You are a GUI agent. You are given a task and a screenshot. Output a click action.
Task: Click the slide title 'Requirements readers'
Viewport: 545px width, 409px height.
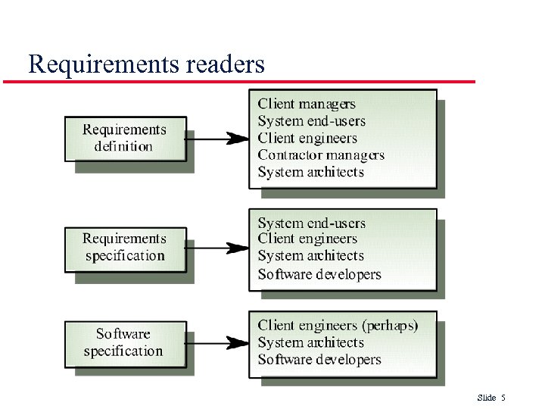[146, 64]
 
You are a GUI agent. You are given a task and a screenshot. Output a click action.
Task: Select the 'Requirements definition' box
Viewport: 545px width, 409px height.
[125, 138]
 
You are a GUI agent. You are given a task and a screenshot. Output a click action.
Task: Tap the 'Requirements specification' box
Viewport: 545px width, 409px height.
[125, 248]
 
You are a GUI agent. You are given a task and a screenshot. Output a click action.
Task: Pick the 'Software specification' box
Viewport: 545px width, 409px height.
[124, 342]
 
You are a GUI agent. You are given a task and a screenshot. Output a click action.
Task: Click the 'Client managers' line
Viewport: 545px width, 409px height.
[307, 104]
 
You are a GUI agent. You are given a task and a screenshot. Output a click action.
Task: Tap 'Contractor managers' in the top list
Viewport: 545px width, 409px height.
[321, 155]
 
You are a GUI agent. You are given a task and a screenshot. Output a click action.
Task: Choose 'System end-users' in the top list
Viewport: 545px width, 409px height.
[311, 121]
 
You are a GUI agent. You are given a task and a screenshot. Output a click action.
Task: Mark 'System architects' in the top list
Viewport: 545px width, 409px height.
[310, 172]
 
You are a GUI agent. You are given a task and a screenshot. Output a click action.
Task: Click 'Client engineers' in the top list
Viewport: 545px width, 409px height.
[307, 138]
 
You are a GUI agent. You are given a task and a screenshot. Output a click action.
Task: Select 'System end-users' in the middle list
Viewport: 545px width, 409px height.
[311, 223]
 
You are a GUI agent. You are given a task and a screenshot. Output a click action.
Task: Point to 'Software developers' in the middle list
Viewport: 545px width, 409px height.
[319, 274]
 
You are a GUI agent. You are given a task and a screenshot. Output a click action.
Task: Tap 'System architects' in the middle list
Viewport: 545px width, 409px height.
[310, 256]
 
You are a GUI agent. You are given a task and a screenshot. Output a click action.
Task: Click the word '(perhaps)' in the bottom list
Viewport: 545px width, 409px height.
[390, 326]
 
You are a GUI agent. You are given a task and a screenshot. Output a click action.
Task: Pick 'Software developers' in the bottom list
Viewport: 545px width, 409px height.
[319, 360]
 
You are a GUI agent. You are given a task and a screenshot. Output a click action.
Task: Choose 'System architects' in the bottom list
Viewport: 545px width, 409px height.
[310, 342]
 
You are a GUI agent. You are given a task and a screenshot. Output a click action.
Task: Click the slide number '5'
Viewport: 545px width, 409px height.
[503, 398]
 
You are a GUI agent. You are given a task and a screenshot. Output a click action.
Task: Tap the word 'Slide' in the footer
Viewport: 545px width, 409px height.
[487, 398]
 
